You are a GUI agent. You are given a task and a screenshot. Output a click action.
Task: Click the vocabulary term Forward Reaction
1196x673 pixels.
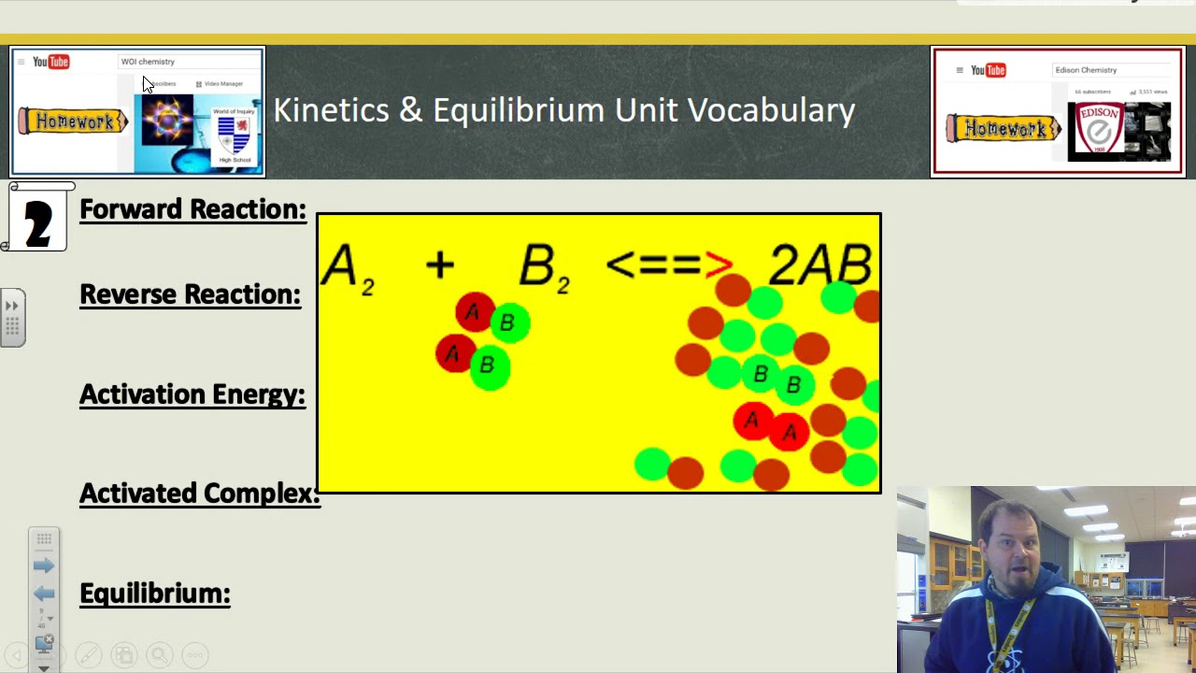192,209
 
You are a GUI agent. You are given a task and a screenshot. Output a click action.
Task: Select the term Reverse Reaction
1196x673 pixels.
190,294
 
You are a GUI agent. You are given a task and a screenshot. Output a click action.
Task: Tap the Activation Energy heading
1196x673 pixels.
192,394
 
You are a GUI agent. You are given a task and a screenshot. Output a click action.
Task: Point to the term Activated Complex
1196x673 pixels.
199,494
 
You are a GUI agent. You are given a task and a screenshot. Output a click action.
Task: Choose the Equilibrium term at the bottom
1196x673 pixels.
155,594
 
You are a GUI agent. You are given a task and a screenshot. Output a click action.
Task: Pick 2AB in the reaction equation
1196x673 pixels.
819,265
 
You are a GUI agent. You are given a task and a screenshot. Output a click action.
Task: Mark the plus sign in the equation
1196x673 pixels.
439,265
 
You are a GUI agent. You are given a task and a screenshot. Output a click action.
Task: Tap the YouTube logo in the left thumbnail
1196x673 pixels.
51,62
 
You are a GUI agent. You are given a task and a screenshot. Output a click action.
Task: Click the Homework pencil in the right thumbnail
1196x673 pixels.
1003,129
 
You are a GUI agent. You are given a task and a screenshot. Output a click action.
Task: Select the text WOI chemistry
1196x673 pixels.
148,62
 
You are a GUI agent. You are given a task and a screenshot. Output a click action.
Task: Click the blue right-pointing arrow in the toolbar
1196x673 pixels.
44,566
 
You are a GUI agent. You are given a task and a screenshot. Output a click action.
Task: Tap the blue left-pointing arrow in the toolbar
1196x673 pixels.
44,594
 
